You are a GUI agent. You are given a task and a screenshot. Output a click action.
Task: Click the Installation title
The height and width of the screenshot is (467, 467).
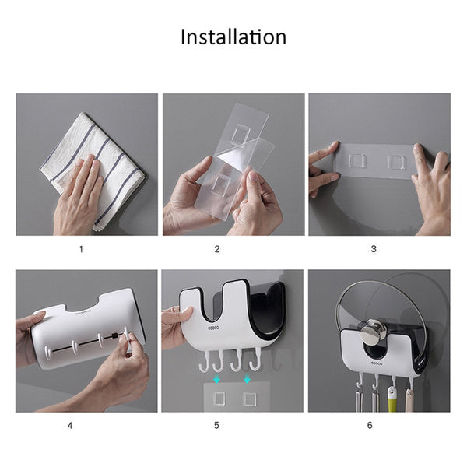[233, 37]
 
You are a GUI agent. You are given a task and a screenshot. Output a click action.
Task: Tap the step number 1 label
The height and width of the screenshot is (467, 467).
[80, 249]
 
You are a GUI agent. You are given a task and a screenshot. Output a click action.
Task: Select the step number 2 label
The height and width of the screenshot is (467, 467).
[217, 249]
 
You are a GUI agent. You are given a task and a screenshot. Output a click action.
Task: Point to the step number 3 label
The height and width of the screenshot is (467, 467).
[373, 249]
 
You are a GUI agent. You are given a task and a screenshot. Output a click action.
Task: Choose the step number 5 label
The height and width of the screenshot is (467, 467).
[217, 425]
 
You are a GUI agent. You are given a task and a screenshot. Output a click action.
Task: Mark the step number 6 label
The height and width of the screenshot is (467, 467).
[370, 425]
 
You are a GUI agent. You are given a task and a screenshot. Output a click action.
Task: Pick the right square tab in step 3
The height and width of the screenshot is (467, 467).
[397, 162]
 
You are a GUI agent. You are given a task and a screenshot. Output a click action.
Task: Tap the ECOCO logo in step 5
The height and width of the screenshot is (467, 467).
[215, 329]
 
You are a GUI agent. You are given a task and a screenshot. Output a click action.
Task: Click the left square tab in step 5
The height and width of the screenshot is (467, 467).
[218, 399]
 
